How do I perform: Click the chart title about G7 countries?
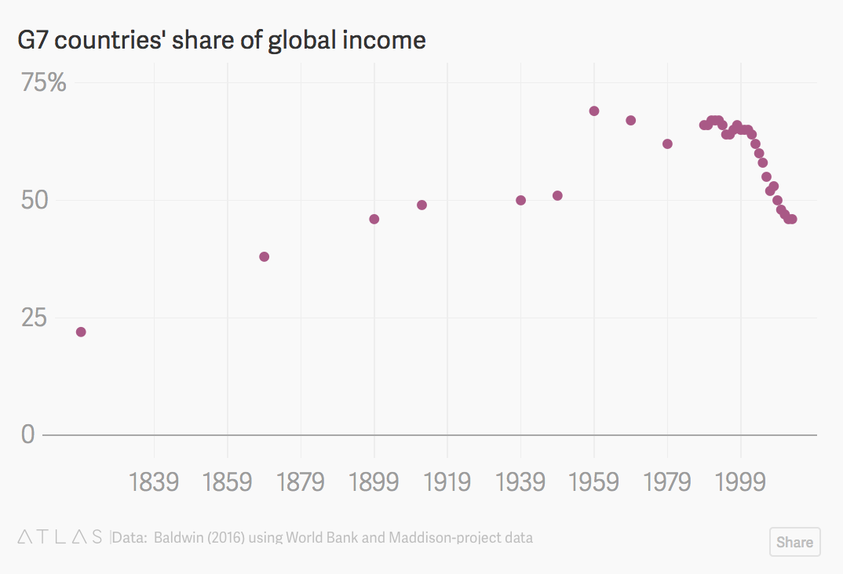(221, 40)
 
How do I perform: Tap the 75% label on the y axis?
(44, 82)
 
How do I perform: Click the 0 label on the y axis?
(28, 434)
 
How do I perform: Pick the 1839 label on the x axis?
(154, 481)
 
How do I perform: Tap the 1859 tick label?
(228, 481)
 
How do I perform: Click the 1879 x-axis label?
(301, 481)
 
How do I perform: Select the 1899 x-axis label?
(374, 481)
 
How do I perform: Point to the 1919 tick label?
(447, 481)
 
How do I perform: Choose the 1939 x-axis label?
(520, 481)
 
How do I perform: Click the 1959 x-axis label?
(594, 481)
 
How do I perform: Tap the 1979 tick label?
(667, 481)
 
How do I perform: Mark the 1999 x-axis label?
(740, 481)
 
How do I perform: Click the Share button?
(794, 542)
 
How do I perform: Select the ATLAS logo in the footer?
(60, 538)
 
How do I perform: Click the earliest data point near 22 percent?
(81, 332)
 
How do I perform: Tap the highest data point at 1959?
(594, 111)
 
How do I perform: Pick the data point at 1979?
(667, 143)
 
